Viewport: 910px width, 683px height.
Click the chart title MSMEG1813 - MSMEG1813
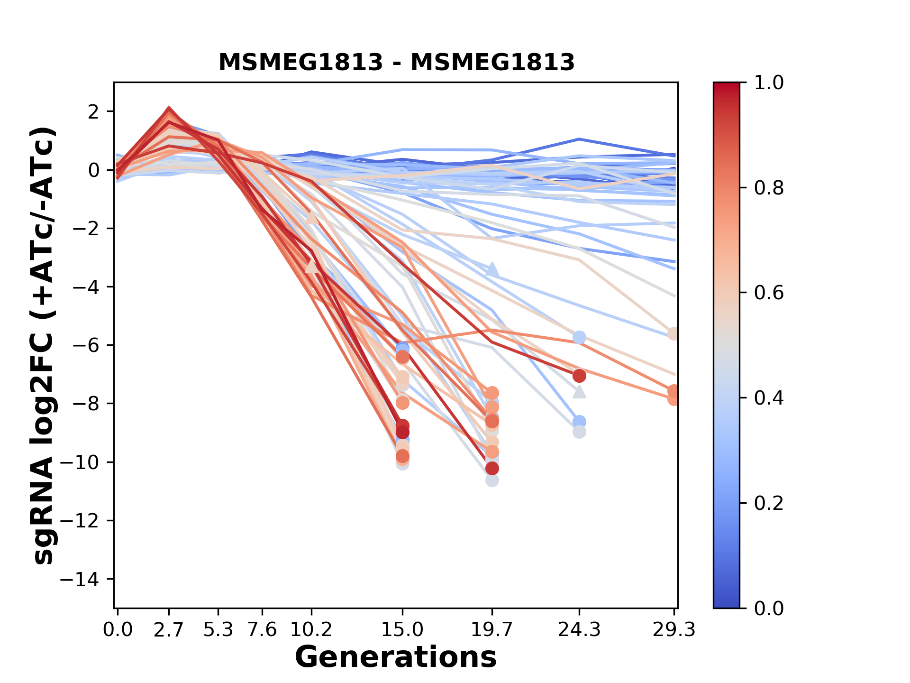pos(396,63)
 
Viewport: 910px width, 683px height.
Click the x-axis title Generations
pos(396,657)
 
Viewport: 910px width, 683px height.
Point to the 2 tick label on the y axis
pos(93,111)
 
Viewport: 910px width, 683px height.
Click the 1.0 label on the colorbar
pos(769,83)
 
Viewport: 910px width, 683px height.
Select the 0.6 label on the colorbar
pos(769,293)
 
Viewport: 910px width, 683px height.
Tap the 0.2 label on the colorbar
pos(769,503)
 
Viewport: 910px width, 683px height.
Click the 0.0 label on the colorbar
pos(769,608)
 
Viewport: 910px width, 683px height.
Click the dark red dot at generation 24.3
pos(579,376)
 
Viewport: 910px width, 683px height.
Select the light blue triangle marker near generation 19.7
pos(492,269)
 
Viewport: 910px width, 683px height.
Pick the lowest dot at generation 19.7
pos(492,480)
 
